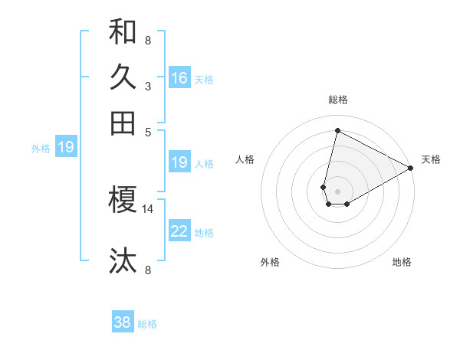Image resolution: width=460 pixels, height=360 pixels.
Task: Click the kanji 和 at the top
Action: (123, 32)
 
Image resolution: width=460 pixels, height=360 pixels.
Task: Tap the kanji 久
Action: (123, 77)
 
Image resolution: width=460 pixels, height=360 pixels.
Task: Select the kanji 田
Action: (123, 123)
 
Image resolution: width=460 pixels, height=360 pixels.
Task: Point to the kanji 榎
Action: (123, 200)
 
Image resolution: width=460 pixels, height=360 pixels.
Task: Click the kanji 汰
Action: (123, 260)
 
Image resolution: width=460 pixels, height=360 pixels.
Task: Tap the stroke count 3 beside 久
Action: (148, 86)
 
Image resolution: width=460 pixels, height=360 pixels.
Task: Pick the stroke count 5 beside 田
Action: (148, 131)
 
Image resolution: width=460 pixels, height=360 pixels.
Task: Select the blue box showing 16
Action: (179, 78)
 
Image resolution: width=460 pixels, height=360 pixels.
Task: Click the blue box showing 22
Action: (179, 231)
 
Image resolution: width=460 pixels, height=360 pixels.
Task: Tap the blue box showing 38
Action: (123, 322)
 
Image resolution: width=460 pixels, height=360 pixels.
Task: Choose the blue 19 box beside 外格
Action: (66, 147)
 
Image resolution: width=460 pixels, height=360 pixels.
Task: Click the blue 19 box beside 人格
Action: (179, 162)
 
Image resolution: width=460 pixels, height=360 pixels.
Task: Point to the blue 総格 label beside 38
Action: (147, 324)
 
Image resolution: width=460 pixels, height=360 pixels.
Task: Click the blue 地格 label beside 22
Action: (204, 233)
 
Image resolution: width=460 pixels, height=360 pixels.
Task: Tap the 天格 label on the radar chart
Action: (431, 159)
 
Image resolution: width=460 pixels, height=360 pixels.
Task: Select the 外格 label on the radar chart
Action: (270, 262)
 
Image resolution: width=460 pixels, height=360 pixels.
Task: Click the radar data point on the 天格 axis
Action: (411, 169)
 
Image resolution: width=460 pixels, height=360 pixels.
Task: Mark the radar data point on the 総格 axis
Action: (337, 130)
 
